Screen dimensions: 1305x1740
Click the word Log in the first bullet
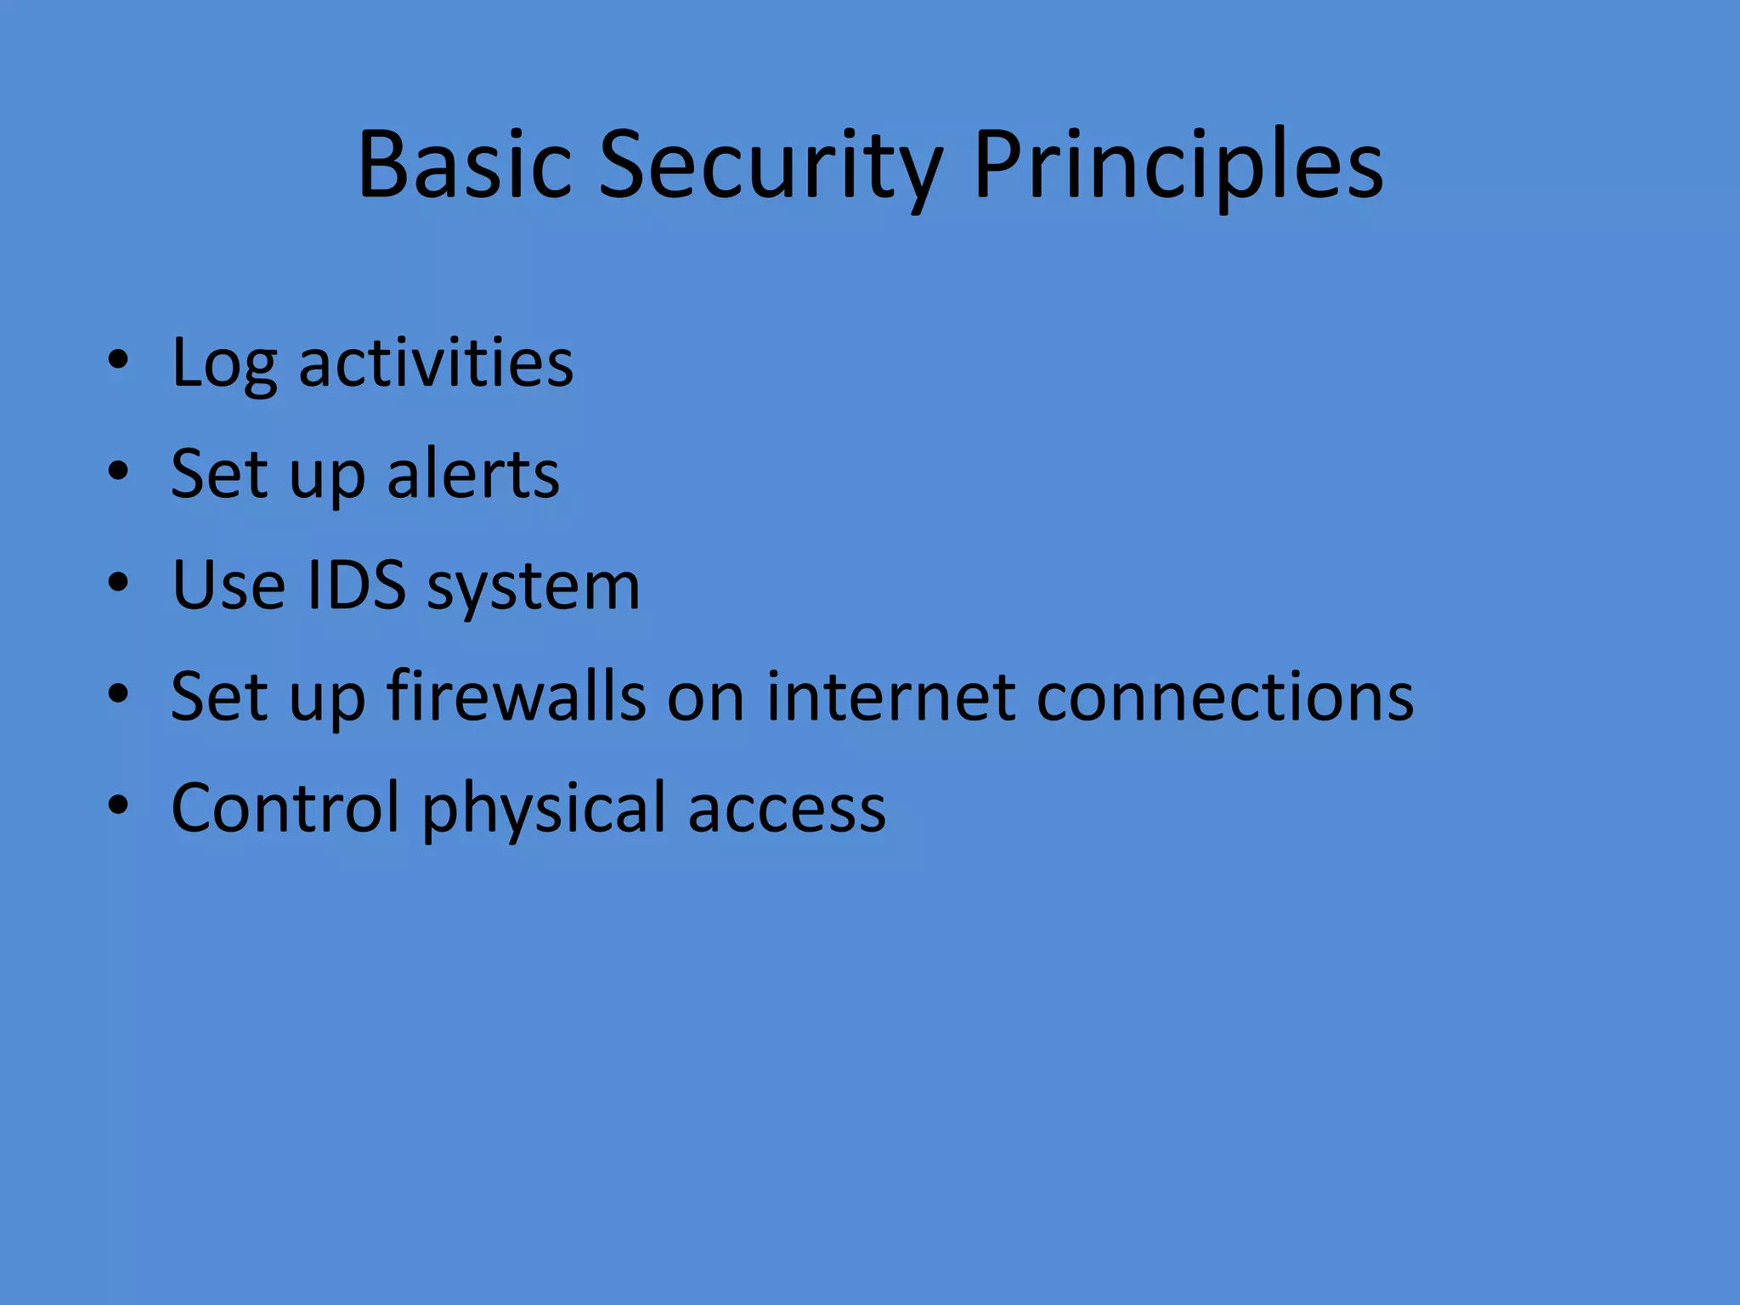(x=223, y=364)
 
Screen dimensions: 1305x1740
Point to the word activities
(x=436, y=364)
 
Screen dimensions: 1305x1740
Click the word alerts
(x=473, y=474)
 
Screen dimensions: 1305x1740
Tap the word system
(x=533, y=588)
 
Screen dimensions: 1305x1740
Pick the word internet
(x=890, y=697)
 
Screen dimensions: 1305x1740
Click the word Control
(x=285, y=808)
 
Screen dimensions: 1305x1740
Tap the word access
(x=787, y=810)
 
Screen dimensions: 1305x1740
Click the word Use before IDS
(x=229, y=585)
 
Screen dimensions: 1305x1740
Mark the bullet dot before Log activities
(x=118, y=361)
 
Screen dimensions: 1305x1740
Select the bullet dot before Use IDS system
(x=118, y=584)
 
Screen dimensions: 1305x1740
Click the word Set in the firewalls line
(x=219, y=697)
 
